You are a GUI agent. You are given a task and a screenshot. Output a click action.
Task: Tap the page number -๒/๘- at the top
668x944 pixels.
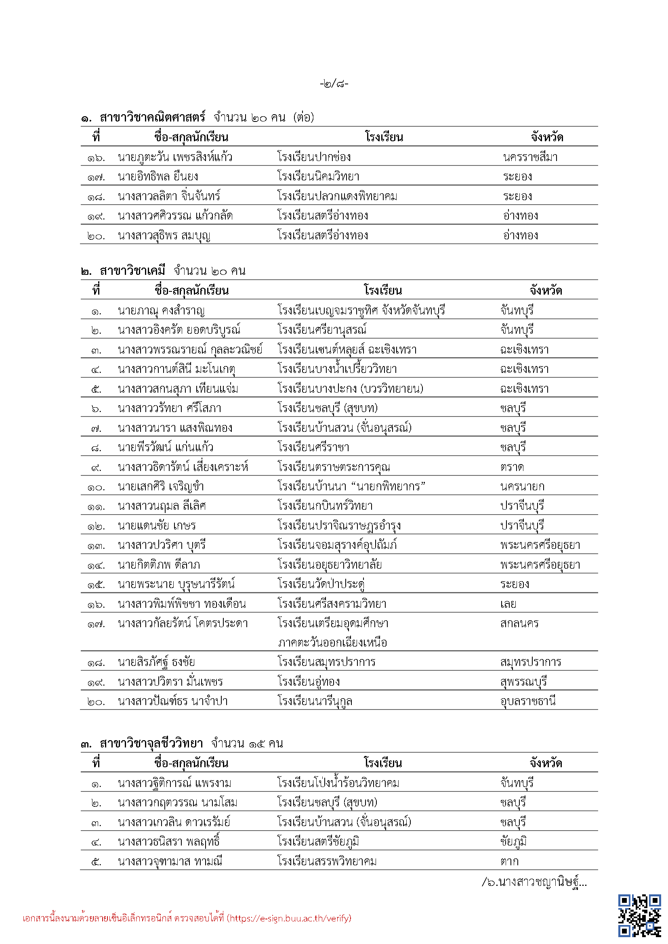(334, 84)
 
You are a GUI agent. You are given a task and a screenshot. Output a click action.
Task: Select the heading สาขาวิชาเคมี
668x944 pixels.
(132, 271)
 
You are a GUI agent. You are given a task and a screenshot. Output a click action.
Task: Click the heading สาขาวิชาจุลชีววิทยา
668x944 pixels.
(151, 743)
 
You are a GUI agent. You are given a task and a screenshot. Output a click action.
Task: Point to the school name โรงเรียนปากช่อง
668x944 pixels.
(314, 157)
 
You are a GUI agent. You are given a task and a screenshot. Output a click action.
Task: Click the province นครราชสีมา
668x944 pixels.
(530, 157)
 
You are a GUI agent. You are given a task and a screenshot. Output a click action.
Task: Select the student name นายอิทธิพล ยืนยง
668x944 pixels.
(158, 177)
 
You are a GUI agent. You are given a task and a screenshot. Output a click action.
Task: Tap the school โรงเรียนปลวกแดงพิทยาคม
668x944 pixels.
(337, 197)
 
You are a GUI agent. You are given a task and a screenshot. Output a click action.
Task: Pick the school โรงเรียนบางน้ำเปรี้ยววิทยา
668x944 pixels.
(337, 369)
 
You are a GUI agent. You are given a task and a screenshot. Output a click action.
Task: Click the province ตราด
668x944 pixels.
(512, 467)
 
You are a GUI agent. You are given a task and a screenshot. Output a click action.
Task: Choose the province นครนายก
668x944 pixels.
(522, 487)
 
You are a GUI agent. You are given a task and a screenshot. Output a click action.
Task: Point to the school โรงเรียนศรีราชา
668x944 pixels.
(313, 447)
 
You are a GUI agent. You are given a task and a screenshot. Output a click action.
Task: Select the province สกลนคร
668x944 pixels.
(519, 624)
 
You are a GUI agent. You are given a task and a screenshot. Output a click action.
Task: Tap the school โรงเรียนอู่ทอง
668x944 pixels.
(309, 682)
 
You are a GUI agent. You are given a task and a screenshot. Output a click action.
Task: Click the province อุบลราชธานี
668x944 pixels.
(528, 701)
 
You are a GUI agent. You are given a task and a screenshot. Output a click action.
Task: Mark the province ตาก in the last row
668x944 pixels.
(510, 861)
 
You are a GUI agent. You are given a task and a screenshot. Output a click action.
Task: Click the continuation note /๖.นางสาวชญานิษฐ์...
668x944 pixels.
(534, 882)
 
